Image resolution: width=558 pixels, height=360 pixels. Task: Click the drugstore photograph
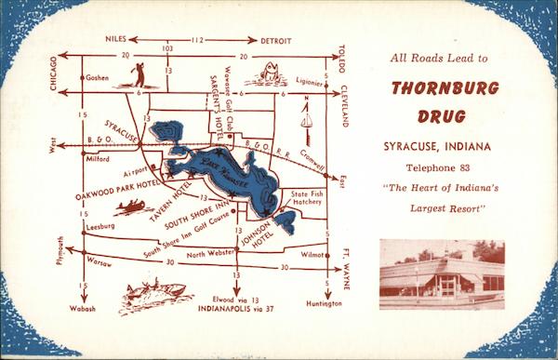tap(442, 273)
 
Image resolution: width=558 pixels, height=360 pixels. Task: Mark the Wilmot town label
tap(311, 254)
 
